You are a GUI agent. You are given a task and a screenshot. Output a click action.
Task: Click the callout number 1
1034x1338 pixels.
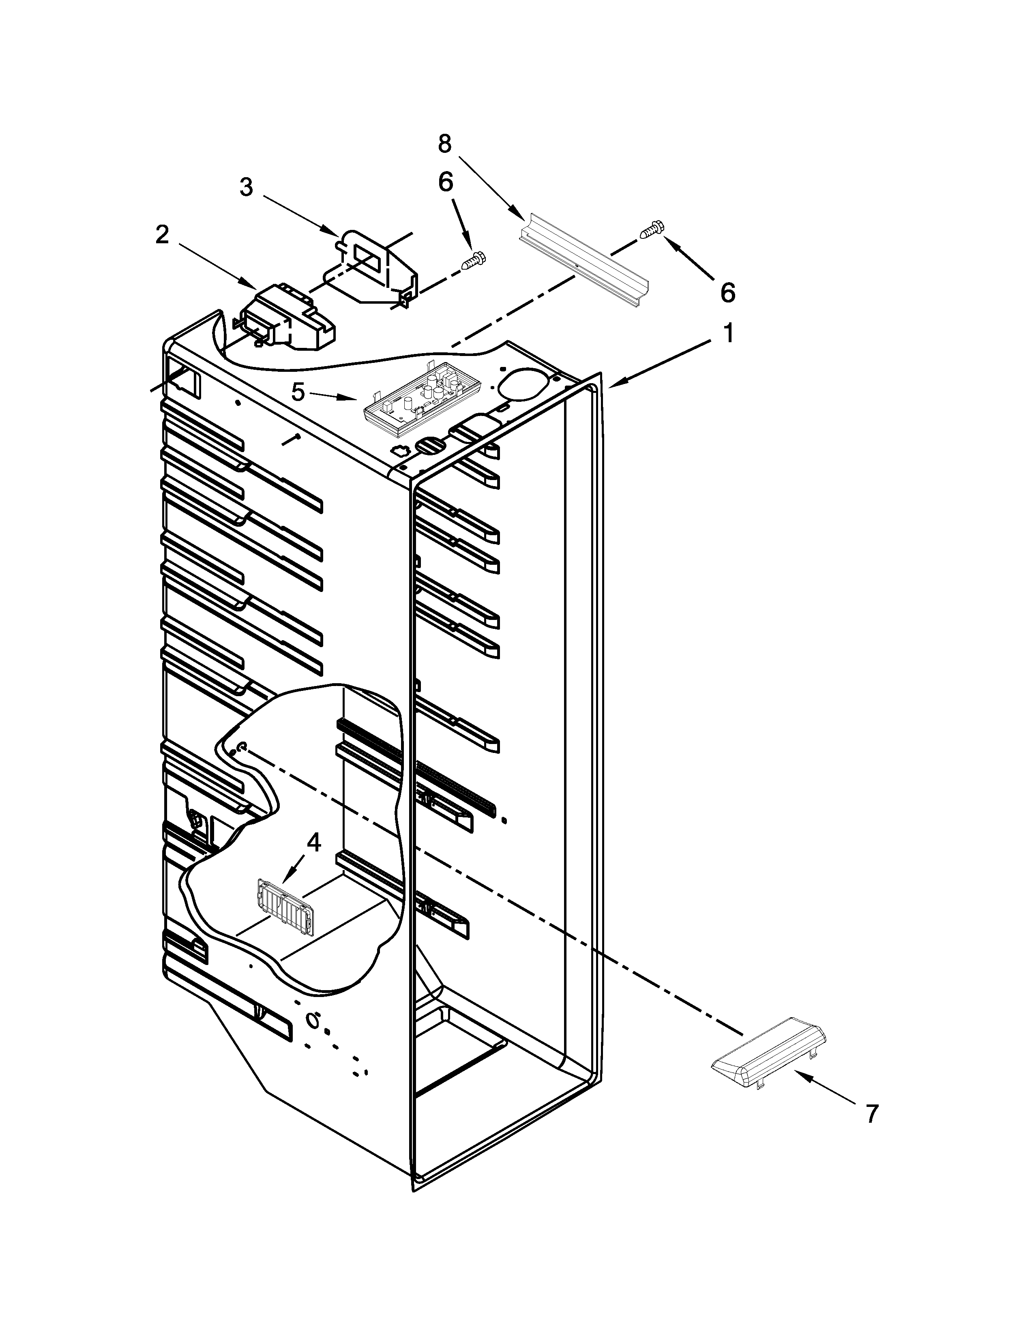pyautogui.click(x=728, y=334)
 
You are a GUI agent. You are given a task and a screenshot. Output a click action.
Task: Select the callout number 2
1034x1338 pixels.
pyautogui.click(x=162, y=235)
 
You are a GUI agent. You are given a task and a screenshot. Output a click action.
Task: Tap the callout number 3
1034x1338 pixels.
pyautogui.click(x=246, y=187)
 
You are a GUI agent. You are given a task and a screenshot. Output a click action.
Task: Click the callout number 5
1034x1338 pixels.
pyautogui.click(x=298, y=392)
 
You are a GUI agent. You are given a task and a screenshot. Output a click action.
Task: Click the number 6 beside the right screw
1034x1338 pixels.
pyautogui.click(x=727, y=292)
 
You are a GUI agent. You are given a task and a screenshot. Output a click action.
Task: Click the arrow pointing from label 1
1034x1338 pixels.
pyautogui.click(x=662, y=363)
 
